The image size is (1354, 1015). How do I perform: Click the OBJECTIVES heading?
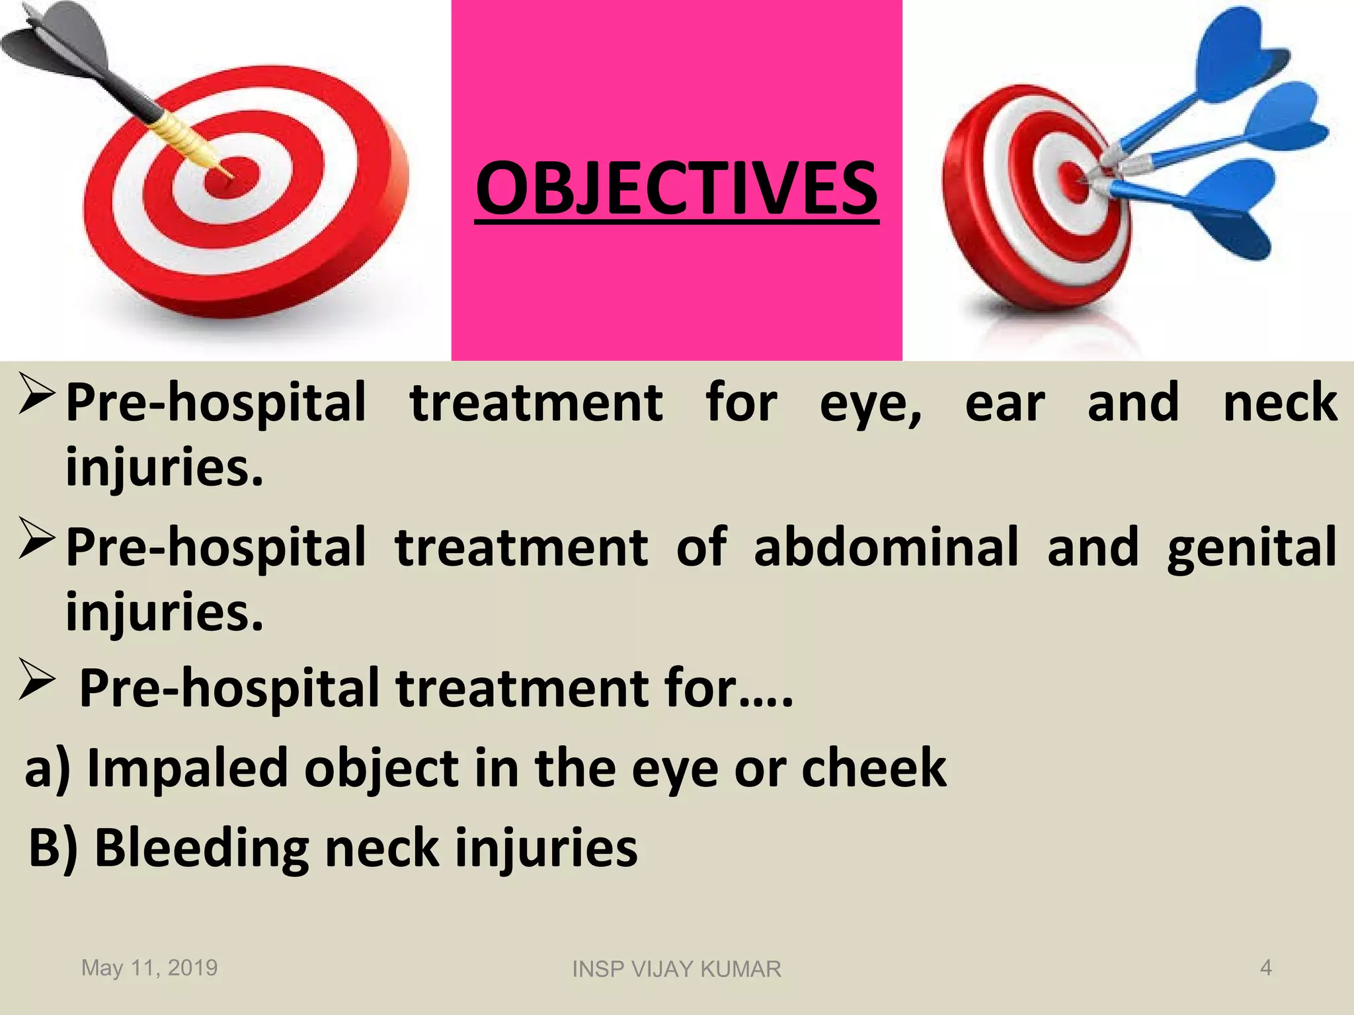tap(676, 189)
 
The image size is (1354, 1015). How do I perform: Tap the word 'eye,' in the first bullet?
tap(871, 403)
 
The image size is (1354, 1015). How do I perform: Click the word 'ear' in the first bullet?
tap(1004, 403)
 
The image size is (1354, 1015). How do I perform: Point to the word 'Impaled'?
tap(187, 769)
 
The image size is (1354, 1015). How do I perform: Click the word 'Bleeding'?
tap(202, 848)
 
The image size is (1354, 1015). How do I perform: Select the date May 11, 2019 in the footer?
tap(149, 967)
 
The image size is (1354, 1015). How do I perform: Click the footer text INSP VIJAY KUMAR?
tap(676, 969)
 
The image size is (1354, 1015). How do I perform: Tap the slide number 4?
tap(1265, 967)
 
